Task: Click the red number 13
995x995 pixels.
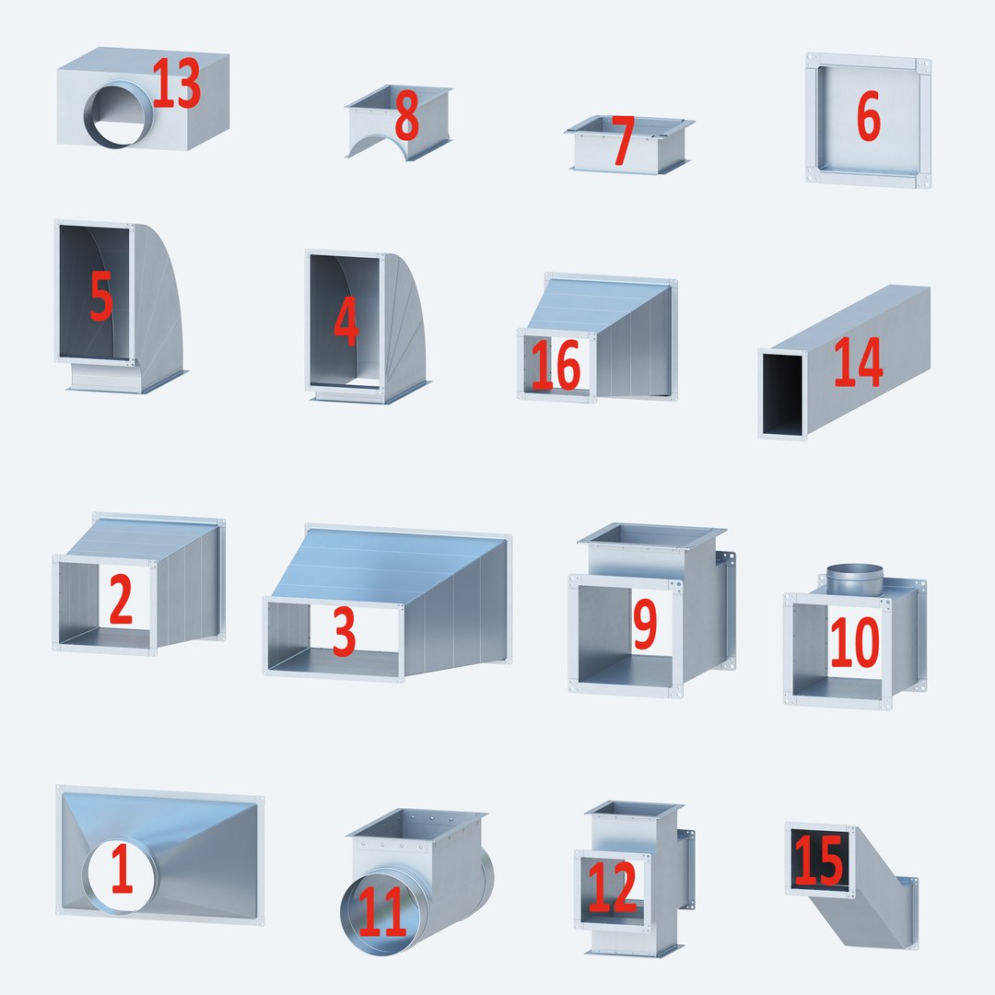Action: (x=176, y=85)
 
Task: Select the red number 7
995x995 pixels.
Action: (x=623, y=141)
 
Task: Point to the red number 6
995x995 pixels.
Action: (x=868, y=117)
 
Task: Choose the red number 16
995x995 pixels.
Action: (x=556, y=366)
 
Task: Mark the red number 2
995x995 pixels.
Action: (x=121, y=601)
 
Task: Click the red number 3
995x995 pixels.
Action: (x=344, y=631)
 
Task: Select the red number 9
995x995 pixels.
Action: (x=645, y=624)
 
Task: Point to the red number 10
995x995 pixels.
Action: (x=854, y=642)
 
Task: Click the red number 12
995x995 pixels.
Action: (x=612, y=887)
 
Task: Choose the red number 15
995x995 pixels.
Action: (x=818, y=860)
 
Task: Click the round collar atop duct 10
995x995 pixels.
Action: (x=854, y=579)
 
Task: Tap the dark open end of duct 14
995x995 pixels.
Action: (x=782, y=394)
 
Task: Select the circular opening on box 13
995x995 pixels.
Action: (x=119, y=114)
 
